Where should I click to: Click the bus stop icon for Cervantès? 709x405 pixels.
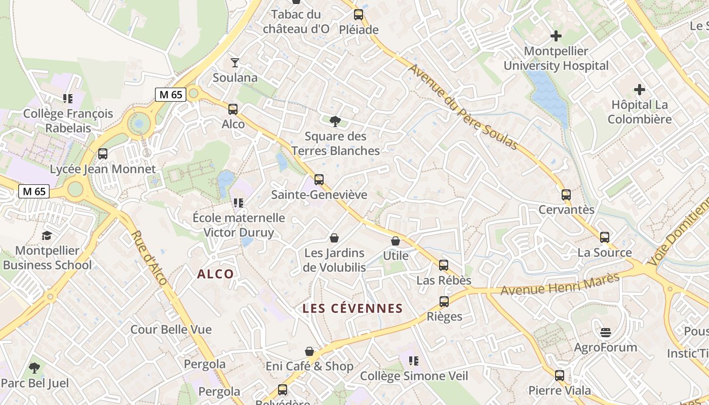(566, 194)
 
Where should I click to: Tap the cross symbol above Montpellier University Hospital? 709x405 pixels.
(556, 36)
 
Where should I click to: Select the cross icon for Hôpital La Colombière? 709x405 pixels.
(640, 90)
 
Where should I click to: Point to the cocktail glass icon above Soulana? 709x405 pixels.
(235, 63)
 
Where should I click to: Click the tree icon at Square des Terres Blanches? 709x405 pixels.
(335, 121)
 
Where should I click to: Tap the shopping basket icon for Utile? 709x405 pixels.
(396, 241)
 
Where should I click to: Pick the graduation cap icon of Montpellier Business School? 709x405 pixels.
(47, 235)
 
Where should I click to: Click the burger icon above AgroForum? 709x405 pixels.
(606, 333)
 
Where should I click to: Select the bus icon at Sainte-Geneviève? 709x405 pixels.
(319, 180)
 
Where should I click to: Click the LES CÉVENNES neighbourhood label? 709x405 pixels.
(352, 308)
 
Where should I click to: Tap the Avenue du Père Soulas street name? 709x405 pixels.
(463, 107)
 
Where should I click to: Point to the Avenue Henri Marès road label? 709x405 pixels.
(560, 285)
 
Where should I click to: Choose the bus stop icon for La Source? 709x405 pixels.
(605, 237)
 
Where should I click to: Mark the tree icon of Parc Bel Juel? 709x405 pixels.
(34, 368)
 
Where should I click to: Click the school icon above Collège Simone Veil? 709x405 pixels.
(414, 361)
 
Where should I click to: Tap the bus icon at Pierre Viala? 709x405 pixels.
(560, 376)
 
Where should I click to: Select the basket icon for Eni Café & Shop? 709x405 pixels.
(309, 351)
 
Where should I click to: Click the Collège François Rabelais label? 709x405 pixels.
(68, 120)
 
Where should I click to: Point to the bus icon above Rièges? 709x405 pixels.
(444, 302)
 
